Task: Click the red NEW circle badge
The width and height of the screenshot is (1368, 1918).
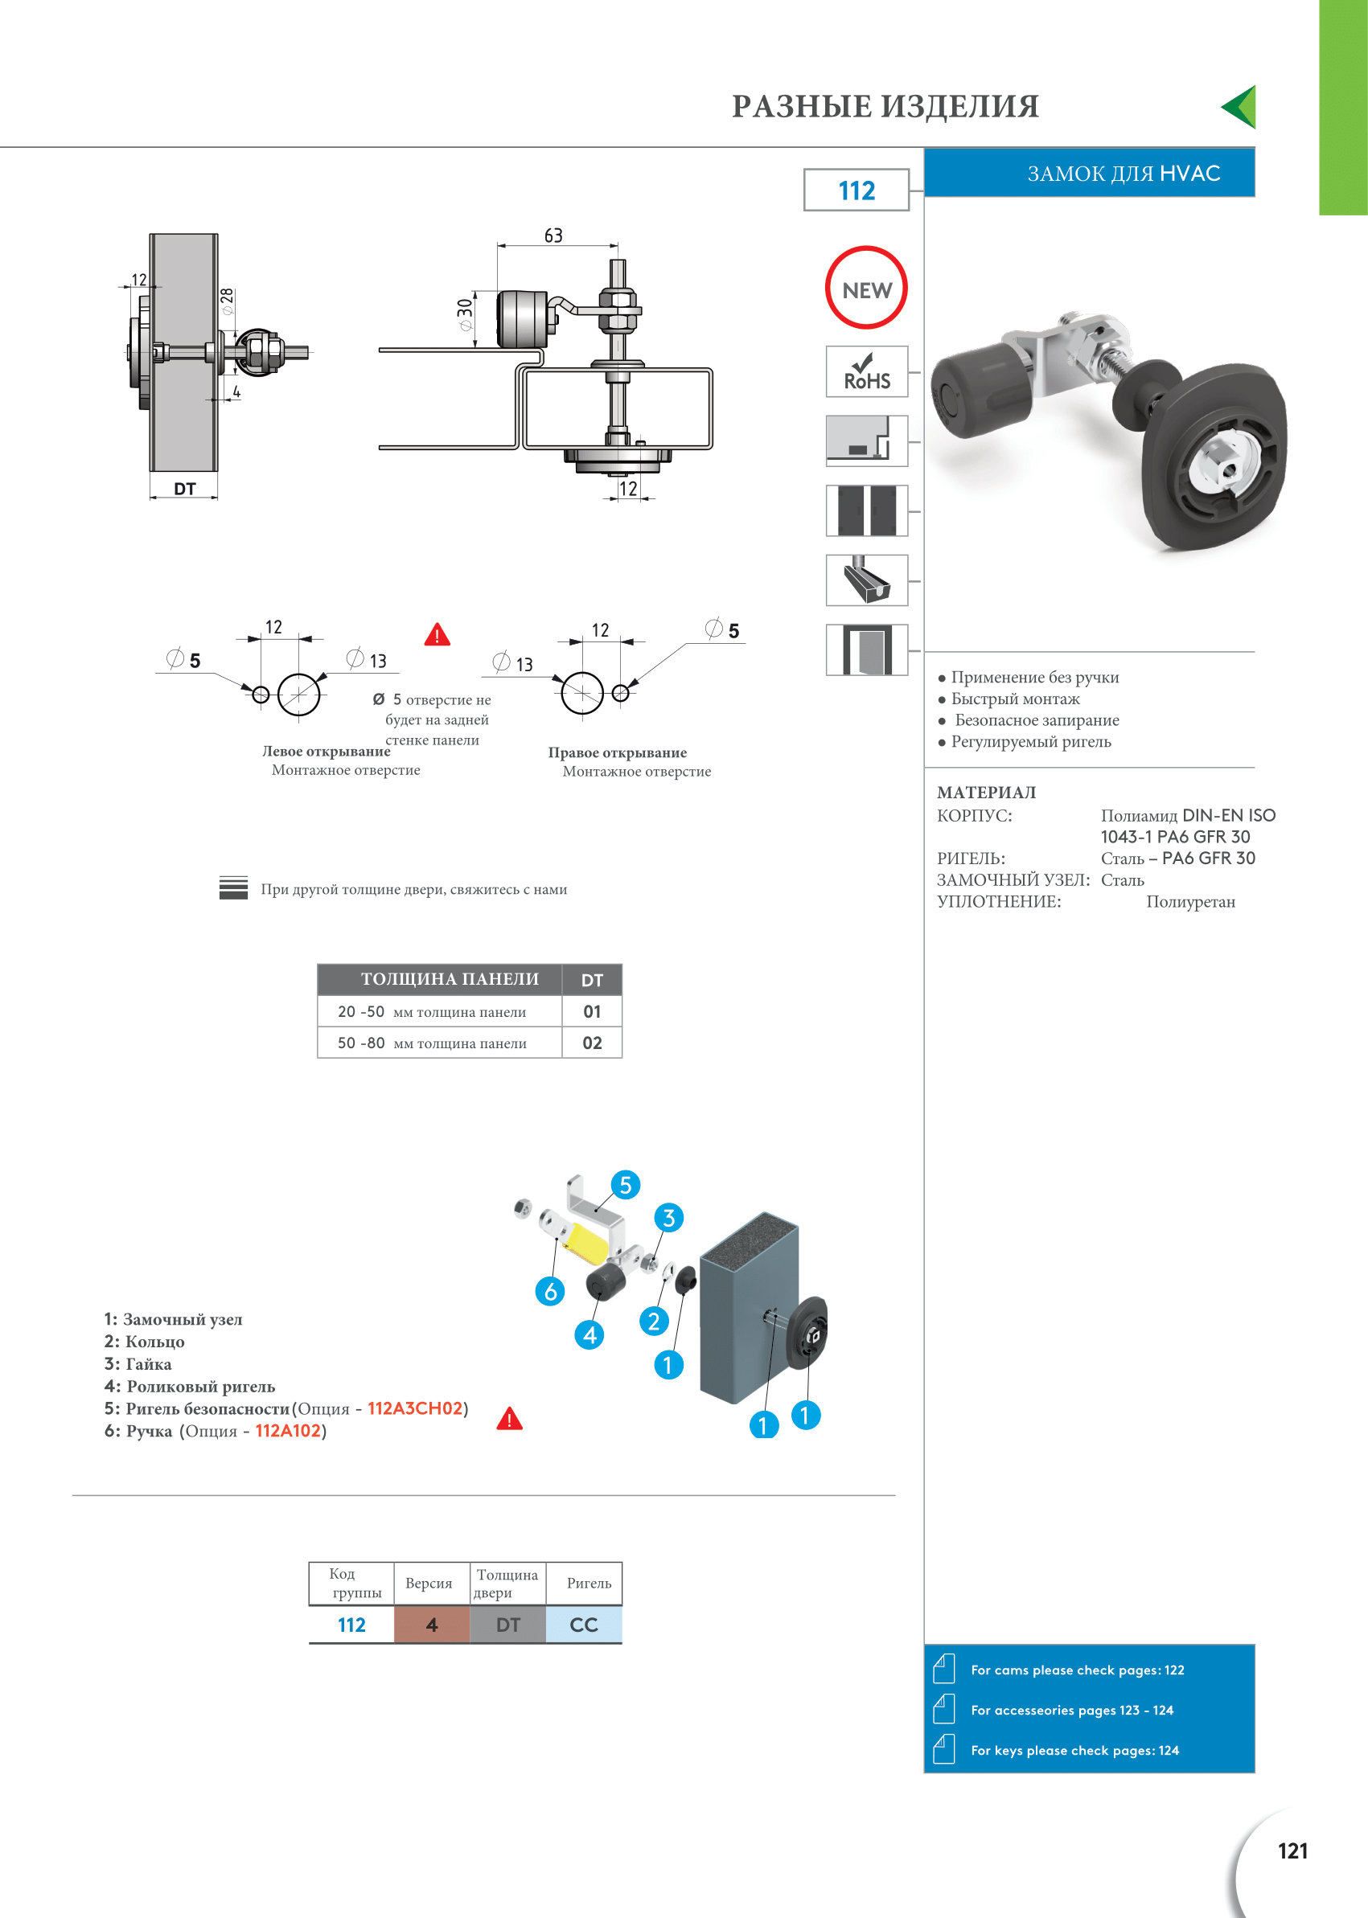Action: click(x=866, y=288)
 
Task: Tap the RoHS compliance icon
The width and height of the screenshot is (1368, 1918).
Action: click(x=867, y=371)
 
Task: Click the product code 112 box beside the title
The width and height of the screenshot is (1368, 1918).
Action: click(x=856, y=191)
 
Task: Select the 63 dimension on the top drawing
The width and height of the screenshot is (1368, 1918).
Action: click(x=553, y=236)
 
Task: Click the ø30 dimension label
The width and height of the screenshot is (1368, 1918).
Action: click(x=464, y=314)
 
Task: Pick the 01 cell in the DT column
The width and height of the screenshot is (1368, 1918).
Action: click(x=592, y=1011)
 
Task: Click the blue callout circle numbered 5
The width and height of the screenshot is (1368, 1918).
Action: click(x=625, y=1185)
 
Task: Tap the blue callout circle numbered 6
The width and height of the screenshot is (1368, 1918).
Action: click(x=550, y=1291)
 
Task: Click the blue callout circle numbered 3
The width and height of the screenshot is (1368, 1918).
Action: click(x=669, y=1218)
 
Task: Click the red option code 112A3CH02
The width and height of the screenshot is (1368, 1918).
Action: click(x=415, y=1408)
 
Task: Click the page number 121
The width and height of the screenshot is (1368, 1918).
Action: click(x=1292, y=1850)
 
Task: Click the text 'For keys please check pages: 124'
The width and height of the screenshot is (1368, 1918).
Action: click(x=1074, y=1751)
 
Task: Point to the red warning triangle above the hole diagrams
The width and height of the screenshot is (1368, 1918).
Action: click(x=438, y=635)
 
